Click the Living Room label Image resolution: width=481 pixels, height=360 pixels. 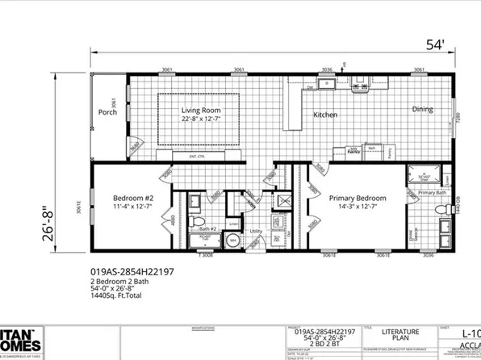[201, 111]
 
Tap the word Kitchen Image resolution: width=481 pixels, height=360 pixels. [324, 115]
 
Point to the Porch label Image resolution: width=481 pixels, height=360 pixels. [108, 113]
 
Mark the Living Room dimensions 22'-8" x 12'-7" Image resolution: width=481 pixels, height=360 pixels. [201, 119]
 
